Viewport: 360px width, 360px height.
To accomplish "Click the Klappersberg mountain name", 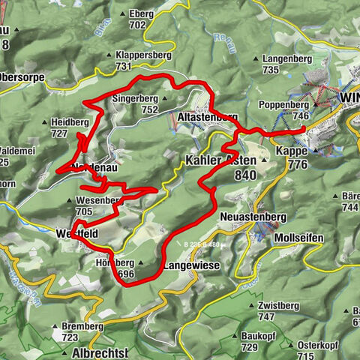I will tap(143, 55).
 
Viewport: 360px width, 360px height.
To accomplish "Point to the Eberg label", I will tap(140, 13).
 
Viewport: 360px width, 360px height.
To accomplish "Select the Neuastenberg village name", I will tap(254, 217).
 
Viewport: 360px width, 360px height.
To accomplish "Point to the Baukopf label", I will tap(259, 335).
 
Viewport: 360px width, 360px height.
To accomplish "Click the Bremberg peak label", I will tap(82, 326).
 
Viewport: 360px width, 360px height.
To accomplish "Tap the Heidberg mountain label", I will tap(70, 121).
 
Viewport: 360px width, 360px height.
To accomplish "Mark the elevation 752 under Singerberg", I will tap(148, 109).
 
